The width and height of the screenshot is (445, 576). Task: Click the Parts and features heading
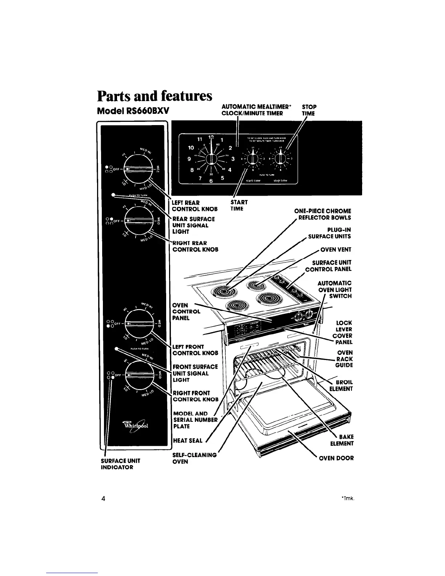tap(154, 96)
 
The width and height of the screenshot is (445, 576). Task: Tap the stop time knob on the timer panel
tap(280, 159)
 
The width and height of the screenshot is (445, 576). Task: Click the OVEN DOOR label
tap(336, 458)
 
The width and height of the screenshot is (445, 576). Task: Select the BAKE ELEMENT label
tap(342, 440)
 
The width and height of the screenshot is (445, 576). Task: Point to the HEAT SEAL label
tap(188, 441)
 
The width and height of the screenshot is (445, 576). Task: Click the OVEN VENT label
tap(336, 250)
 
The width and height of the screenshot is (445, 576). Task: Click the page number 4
tap(104, 499)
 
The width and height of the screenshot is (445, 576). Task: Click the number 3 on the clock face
tap(233, 159)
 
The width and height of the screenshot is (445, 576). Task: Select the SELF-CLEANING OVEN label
tap(194, 458)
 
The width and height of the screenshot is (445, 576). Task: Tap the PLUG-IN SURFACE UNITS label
tap(329, 233)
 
